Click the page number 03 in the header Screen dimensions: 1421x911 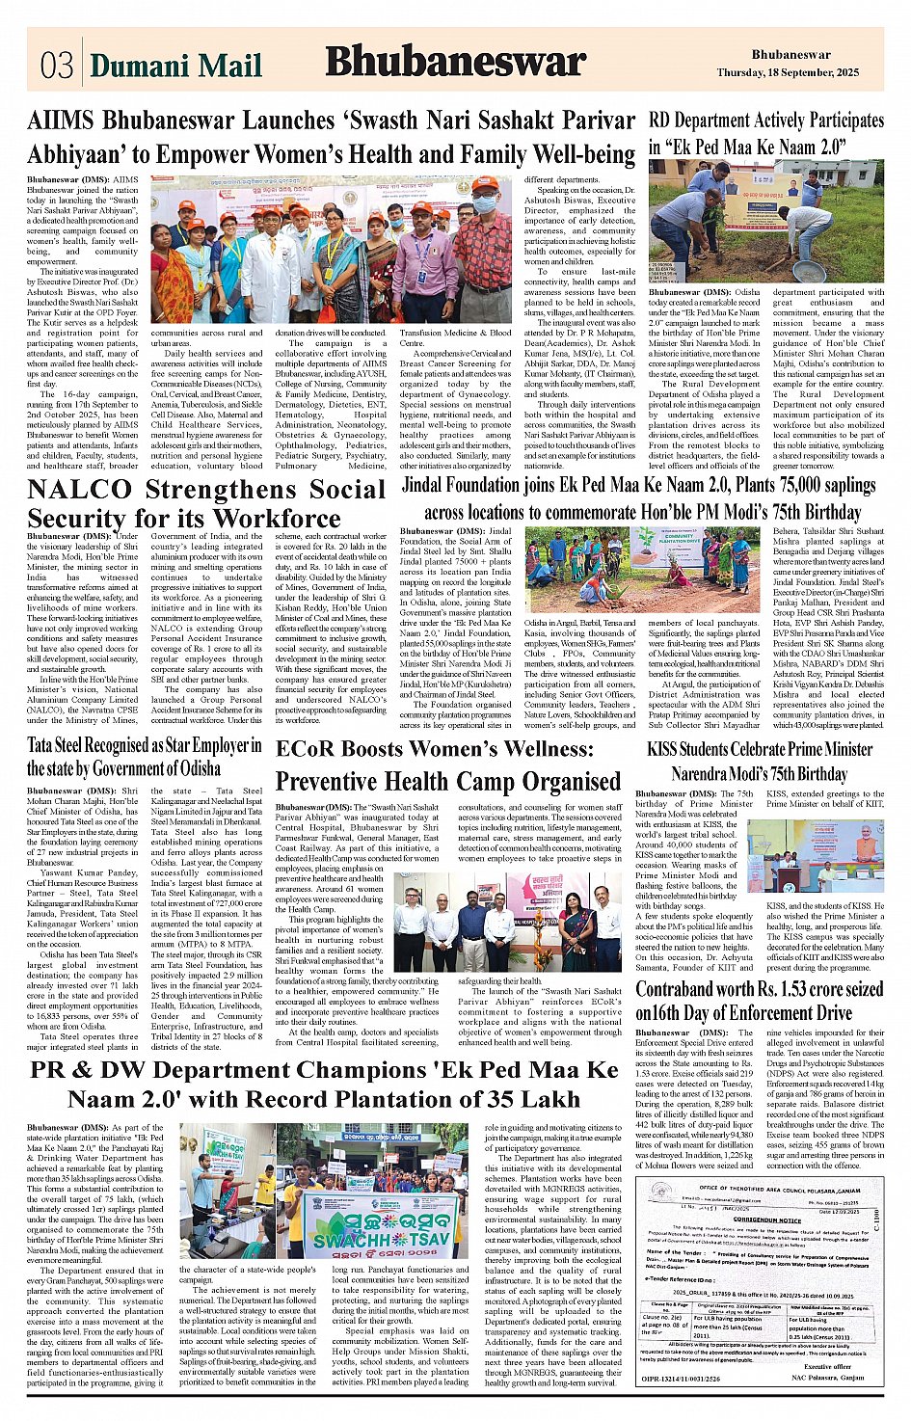click(x=57, y=65)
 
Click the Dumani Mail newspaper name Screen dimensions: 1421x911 click(x=175, y=66)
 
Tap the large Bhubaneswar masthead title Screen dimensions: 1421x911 click(x=455, y=62)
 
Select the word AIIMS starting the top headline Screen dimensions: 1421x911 click(x=61, y=121)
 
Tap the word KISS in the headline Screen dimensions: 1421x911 click(x=668, y=749)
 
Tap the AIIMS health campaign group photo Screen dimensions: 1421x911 click(x=331, y=250)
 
